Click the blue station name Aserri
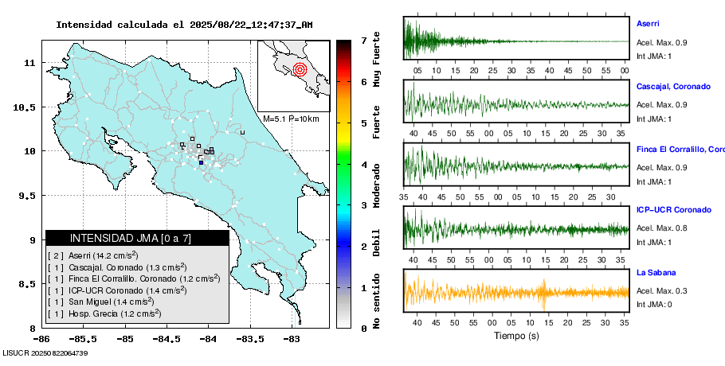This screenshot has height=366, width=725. (x=648, y=24)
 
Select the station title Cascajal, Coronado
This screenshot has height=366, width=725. (x=673, y=86)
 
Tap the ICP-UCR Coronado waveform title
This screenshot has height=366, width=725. (x=673, y=210)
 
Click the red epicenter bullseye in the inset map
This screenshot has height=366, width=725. (x=300, y=69)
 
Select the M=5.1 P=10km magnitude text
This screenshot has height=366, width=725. (x=291, y=119)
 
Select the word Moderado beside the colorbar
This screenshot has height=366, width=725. (x=376, y=184)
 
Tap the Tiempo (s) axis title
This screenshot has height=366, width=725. (x=515, y=336)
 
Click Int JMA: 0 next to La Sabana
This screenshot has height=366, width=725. (x=654, y=305)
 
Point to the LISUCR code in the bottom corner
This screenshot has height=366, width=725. (x=45, y=352)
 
